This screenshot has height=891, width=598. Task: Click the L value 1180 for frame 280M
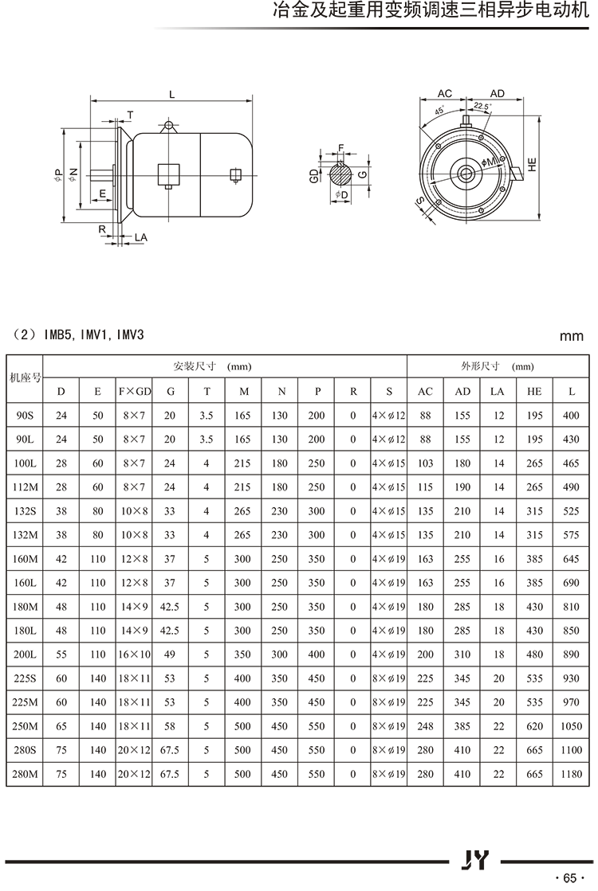[571, 774]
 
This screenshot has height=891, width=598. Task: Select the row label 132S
[24, 511]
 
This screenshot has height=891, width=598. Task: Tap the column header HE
[534, 391]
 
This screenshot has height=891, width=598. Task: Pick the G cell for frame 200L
[170, 655]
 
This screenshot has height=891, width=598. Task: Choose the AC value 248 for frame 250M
[425, 726]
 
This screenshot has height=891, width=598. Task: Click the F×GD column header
[134, 391]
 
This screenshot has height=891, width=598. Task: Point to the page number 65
[568, 877]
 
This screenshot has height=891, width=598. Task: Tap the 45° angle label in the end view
[441, 111]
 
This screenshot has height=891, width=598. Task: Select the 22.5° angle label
[482, 107]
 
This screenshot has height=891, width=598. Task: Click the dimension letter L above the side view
[171, 94]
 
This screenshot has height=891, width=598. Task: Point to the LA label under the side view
[140, 237]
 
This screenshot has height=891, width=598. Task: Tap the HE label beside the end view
[532, 164]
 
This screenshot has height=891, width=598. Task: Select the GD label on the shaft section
[315, 176]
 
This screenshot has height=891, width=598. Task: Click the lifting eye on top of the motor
[168, 126]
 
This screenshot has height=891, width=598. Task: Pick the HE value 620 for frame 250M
[534, 726]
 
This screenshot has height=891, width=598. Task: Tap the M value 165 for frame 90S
[242, 416]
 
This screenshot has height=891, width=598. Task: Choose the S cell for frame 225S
[389, 678]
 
